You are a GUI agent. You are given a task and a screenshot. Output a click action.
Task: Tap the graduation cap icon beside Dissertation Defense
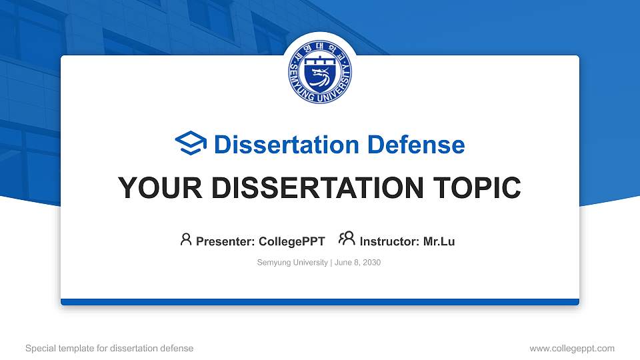[x=191, y=144]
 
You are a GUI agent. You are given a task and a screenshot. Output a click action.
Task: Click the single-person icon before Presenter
[x=186, y=239]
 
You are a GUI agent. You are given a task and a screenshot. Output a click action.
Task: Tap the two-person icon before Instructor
[x=347, y=239]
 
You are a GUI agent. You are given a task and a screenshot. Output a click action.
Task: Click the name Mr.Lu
[x=439, y=241]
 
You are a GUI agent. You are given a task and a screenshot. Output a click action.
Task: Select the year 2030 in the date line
[x=371, y=263]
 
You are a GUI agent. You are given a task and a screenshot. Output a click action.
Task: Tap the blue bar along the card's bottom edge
[x=320, y=302]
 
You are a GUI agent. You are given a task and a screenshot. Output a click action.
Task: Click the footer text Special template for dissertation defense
[x=109, y=348]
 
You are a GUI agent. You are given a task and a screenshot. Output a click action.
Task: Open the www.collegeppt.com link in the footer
[x=572, y=348]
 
